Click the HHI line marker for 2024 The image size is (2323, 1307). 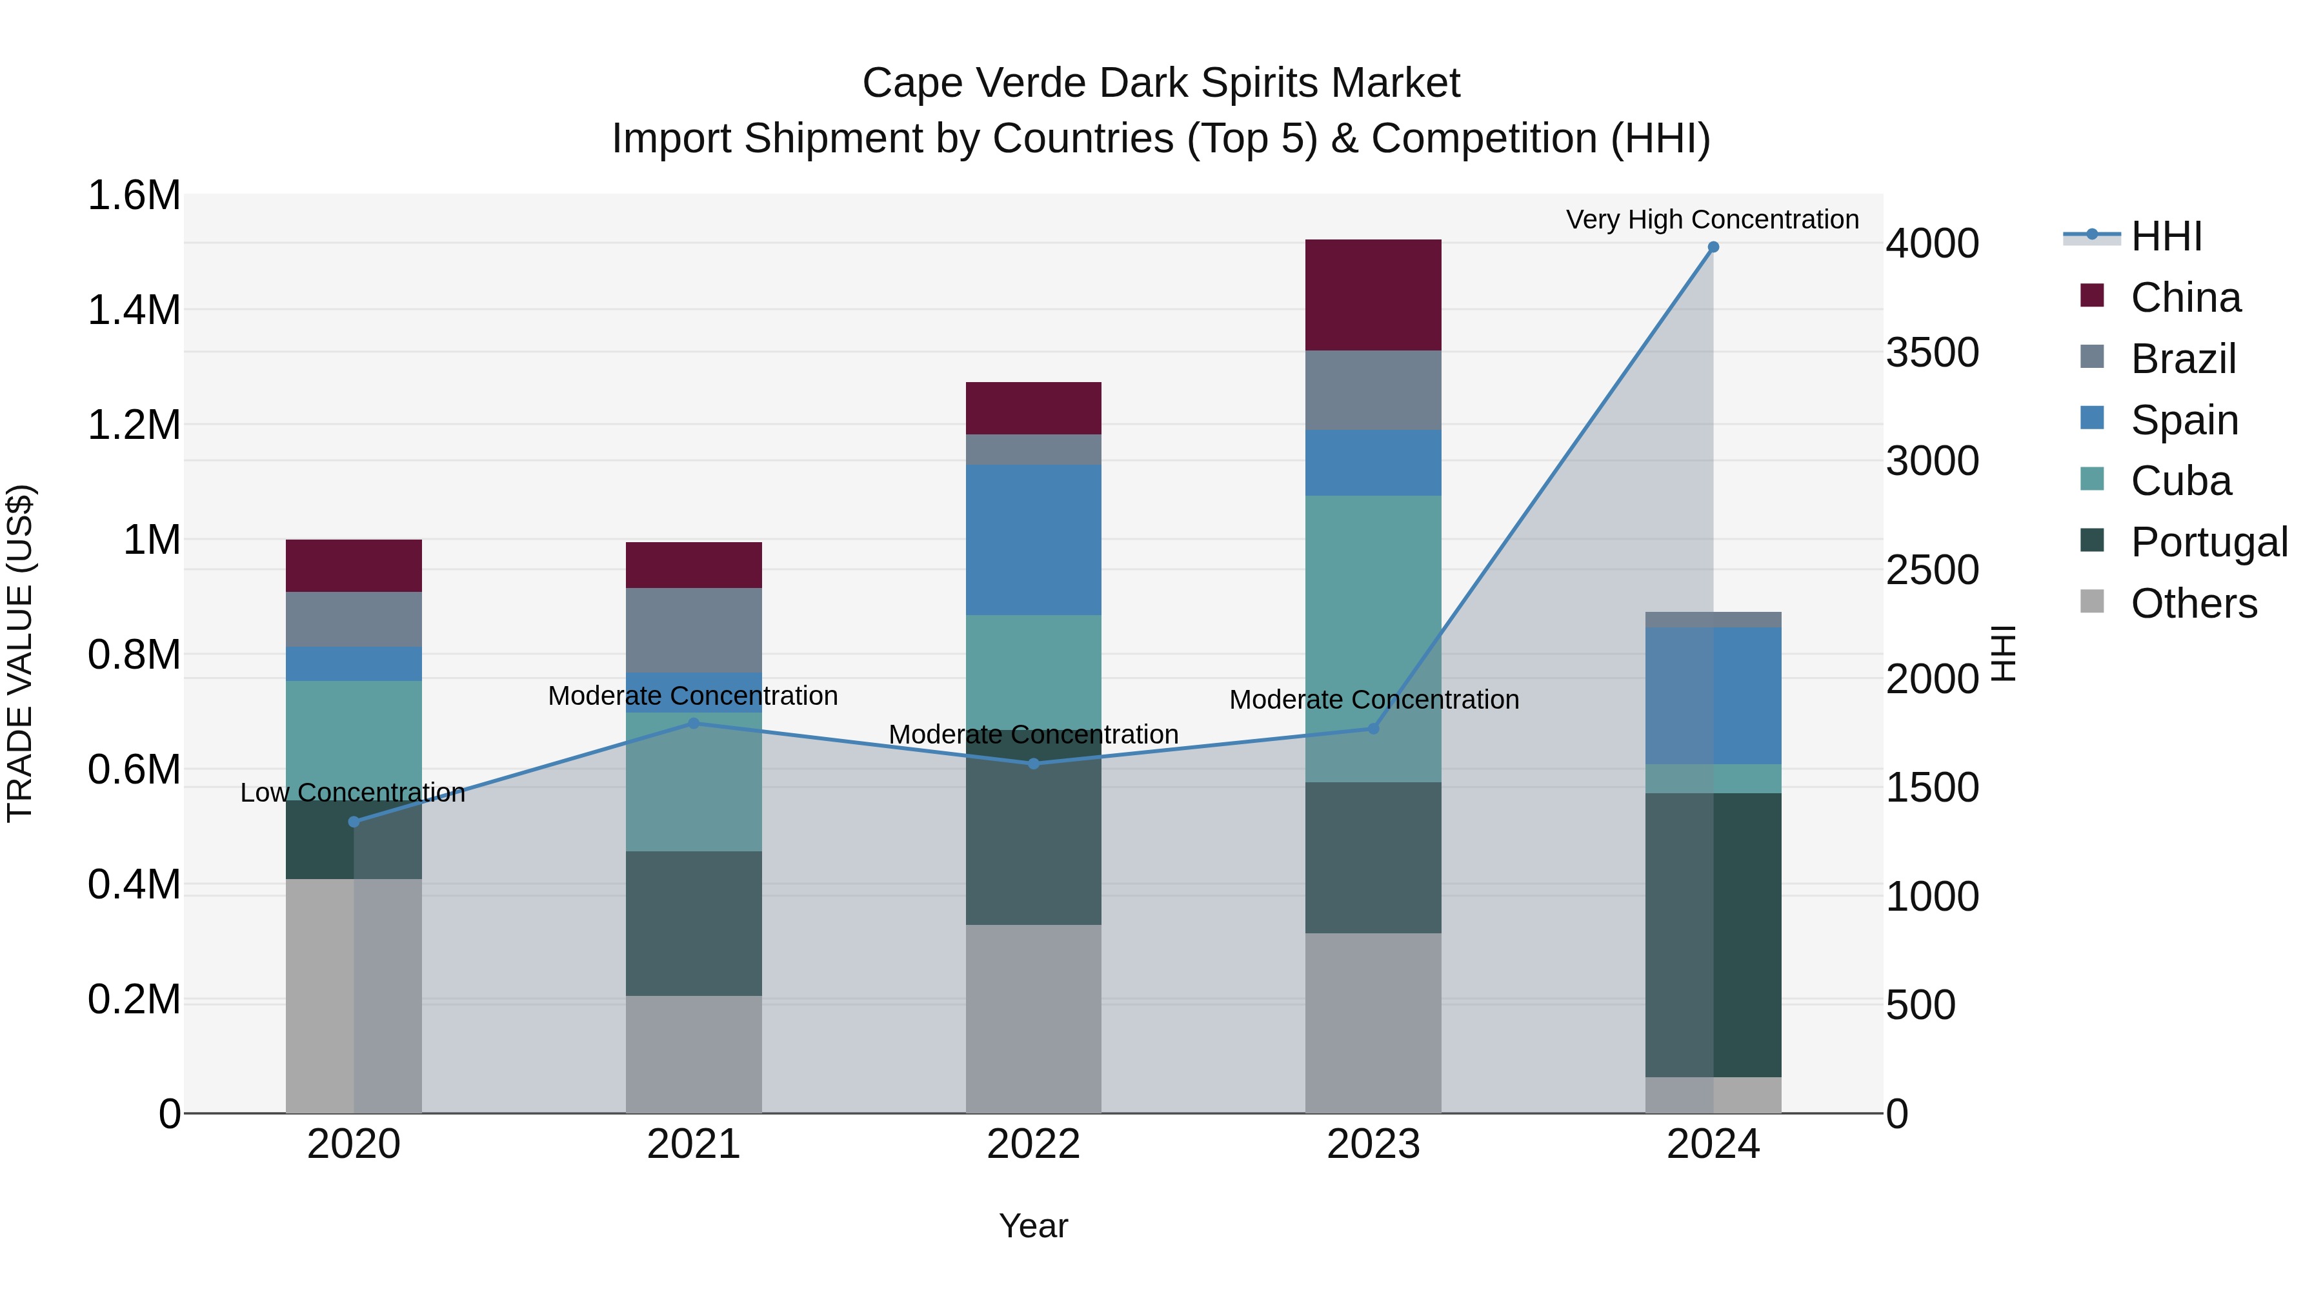click(1713, 247)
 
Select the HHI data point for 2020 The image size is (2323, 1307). click(354, 822)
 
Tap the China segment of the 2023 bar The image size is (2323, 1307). click(1373, 295)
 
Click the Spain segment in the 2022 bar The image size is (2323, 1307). click(1034, 540)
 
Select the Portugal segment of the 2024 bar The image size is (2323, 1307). click(1713, 935)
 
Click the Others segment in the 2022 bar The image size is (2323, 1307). click(1034, 1018)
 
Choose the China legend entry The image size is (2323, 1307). click(2185, 298)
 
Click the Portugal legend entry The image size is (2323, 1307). click(2209, 542)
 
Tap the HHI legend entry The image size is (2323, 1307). click(2166, 236)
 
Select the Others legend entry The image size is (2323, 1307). click(2193, 603)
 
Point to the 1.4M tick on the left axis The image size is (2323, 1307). click(134, 309)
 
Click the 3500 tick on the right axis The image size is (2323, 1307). click(1931, 352)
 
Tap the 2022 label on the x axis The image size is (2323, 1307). click(1034, 1144)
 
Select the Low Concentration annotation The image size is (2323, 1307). click(352, 793)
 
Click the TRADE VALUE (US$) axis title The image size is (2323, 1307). click(20, 653)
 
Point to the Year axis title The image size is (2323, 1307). click(1034, 1226)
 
